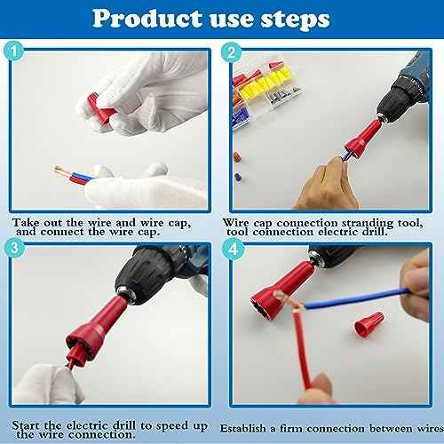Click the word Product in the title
coord(147,19)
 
